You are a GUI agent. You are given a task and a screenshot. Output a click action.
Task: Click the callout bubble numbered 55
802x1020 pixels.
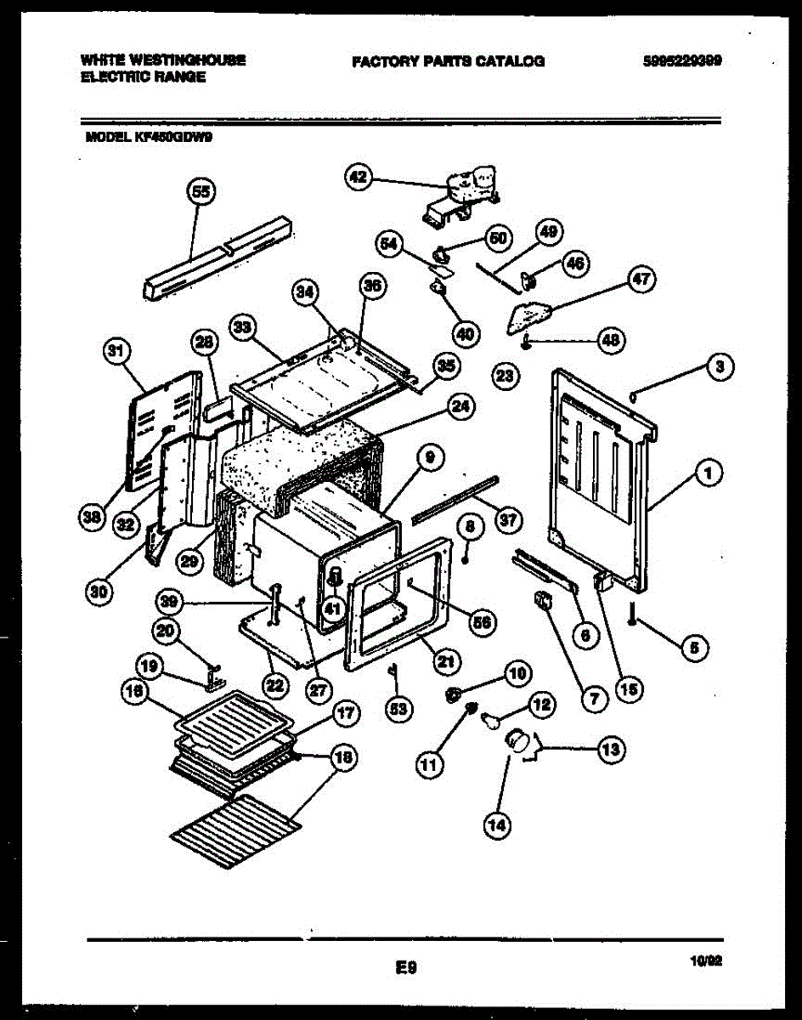pos(200,193)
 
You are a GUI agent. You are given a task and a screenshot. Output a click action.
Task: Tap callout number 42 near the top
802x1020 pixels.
pos(359,178)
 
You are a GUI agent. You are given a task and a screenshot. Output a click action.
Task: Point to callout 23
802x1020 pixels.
pos(505,375)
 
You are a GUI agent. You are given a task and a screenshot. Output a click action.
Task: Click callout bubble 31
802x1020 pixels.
pos(116,349)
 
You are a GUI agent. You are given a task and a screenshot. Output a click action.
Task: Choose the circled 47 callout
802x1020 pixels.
pos(641,279)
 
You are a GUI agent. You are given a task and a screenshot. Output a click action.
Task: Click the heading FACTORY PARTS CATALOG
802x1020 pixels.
pos(448,61)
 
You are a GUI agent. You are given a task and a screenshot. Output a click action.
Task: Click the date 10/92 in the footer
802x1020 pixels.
pos(706,961)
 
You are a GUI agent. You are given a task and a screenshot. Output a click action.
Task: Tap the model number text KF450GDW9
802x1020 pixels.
pos(172,134)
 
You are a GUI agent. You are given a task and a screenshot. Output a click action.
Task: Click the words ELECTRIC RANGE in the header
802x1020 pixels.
pos(144,76)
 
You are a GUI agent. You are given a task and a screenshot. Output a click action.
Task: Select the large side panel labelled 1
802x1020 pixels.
pos(603,476)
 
